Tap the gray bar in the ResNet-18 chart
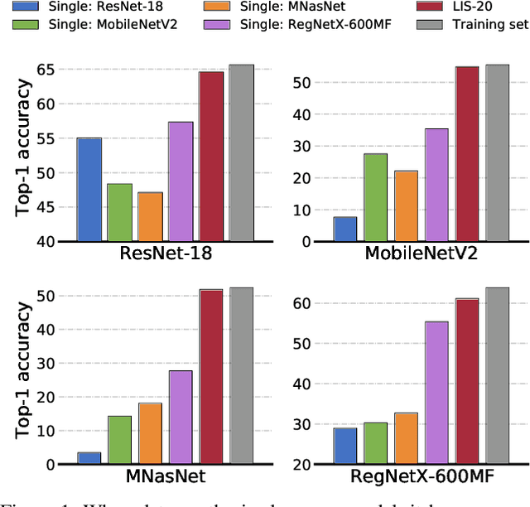point(241,153)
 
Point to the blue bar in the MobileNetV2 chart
point(345,229)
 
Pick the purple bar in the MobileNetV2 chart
point(436,185)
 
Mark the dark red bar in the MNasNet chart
point(211,377)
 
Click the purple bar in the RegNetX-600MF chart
point(436,393)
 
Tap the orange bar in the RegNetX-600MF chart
point(406,438)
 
